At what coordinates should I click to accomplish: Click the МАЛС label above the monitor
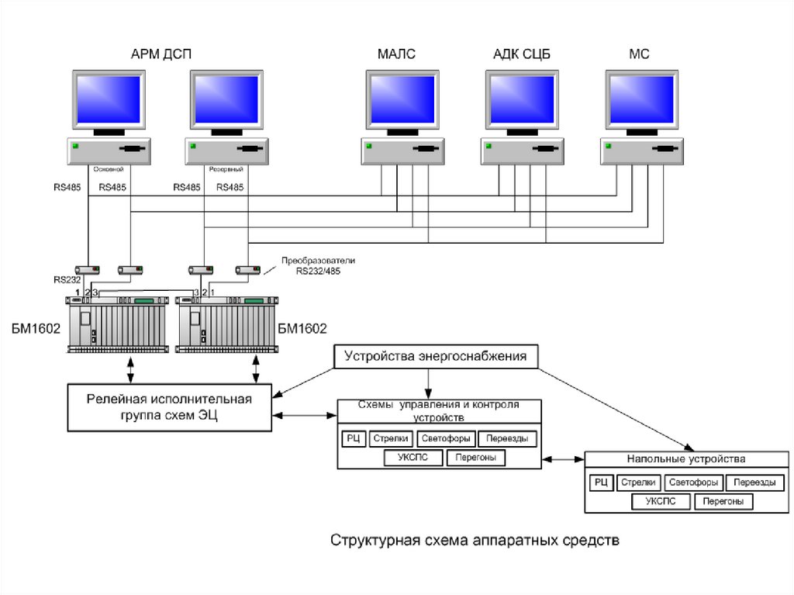[396, 54]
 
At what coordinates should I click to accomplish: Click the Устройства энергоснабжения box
[435, 357]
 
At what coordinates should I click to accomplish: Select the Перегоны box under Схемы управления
[475, 458]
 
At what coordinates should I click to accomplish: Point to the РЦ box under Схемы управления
[353, 438]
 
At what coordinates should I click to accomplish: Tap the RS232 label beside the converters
[67, 279]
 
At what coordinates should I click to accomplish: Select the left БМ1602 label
[33, 328]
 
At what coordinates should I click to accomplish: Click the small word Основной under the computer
[109, 168]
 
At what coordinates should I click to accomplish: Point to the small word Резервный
[226, 168]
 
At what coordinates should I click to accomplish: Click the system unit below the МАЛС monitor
[402, 151]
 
